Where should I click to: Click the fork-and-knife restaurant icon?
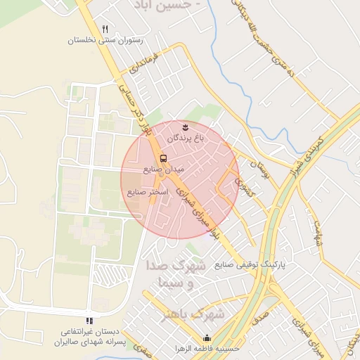pos(105,29)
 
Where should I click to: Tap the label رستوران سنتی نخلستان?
pos(105,41)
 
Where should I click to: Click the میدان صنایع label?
pos(163,169)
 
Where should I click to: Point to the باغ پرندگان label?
pos(185,139)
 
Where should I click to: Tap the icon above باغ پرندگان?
pos(185,127)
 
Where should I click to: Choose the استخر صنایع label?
pos(148,191)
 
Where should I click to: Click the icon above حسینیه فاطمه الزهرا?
pos(207,337)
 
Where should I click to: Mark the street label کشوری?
pos(245,188)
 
